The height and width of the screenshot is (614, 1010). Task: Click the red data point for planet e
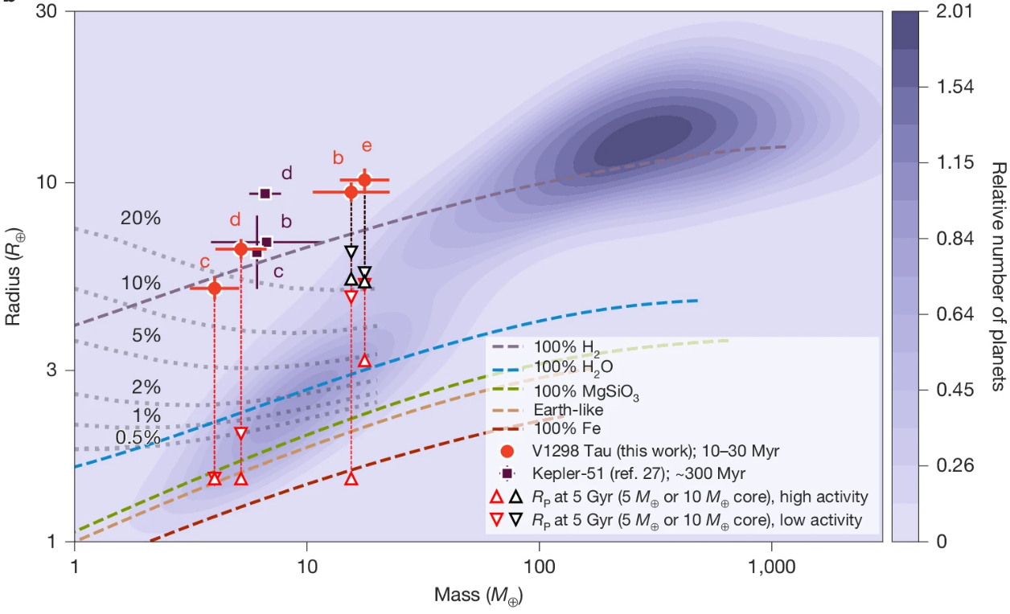click(364, 180)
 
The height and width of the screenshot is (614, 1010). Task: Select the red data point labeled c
click(214, 288)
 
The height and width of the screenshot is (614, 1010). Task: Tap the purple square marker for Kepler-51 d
click(265, 193)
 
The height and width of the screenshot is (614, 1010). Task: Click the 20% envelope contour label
click(141, 218)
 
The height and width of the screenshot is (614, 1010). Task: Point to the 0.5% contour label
click(138, 437)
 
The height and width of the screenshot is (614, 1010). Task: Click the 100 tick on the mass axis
click(539, 566)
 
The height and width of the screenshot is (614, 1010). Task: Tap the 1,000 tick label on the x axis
click(771, 566)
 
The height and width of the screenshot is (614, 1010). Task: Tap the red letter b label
click(339, 158)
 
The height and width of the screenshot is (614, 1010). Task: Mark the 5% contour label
click(146, 335)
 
